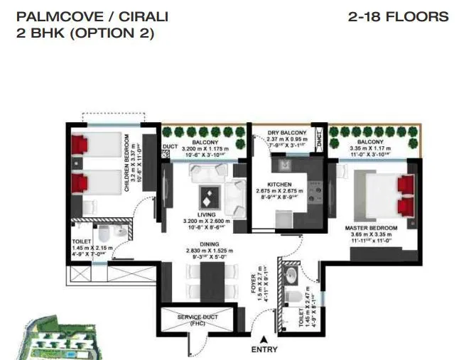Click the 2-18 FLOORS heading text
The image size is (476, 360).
[x=399, y=16]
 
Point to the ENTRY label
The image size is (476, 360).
[x=264, y=349]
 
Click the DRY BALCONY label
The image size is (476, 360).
[x=288, y=133]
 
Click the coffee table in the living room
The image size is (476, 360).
[x=209, y=193]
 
